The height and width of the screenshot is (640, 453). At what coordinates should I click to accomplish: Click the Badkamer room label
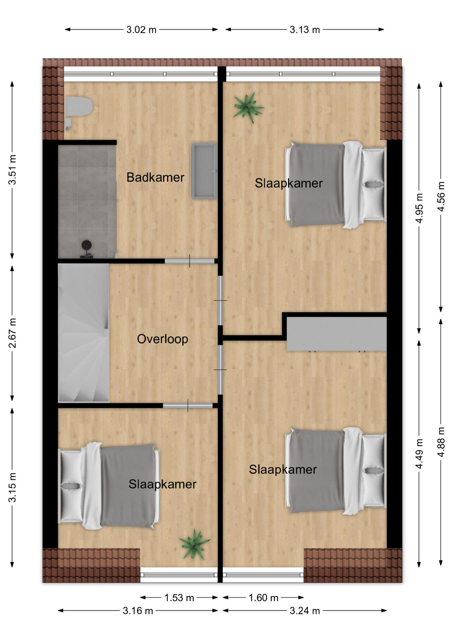click(x=155, y=177)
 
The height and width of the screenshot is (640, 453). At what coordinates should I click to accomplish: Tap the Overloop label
click(x=162, y=339)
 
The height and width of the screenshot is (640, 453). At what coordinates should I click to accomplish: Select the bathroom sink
click(x=204, y=171)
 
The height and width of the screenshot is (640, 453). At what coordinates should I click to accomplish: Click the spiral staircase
click(x=84, y=333)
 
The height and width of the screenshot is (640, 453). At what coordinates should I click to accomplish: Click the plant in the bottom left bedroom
click(x=194, y=544)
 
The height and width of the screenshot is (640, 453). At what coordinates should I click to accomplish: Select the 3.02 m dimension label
click(x=141, y=30)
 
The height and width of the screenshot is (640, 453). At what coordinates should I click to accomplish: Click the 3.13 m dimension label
click(x=305, y=30)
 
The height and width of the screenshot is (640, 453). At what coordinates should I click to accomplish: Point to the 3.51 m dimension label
click(x=12, y=170)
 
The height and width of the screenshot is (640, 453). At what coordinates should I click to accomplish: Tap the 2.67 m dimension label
click(x=12, y=333)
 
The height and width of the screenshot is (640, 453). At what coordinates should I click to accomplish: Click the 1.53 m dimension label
click(x=179, y=598)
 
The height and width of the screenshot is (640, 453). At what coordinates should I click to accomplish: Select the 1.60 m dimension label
click(x=264, y=598)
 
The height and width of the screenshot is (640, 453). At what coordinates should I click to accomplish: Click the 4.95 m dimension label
click(x=419, y=208)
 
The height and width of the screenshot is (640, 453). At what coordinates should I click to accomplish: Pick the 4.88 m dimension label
click(x=441, y=442)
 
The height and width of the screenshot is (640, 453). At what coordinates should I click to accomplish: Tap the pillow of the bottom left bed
click(x=71, y=486)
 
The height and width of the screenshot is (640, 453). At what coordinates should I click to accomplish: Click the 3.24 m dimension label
click(x=305, y=611)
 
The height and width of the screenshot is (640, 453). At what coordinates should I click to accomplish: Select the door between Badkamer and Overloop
click(x=189, y=261)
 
